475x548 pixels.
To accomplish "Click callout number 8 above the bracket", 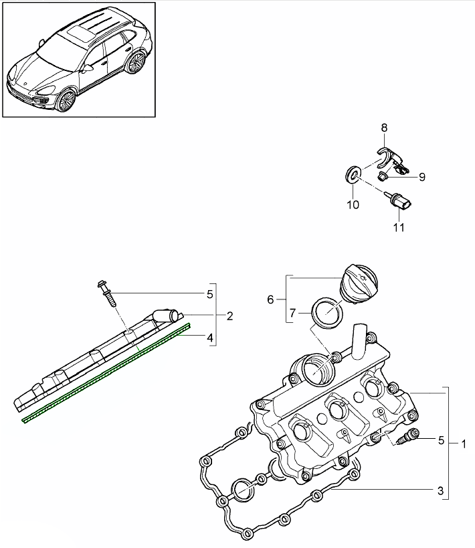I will [384, 127].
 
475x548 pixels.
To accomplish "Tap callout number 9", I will [422, 177].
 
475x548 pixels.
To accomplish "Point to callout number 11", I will [399, 228].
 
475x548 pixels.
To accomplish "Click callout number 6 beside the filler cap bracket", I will [271, 299].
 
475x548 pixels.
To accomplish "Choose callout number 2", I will [229, 316].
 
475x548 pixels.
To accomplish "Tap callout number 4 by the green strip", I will [210, 338].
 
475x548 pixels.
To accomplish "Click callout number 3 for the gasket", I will [441, 491].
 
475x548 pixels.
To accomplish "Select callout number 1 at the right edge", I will [464, 443].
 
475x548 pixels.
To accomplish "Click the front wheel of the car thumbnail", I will [66, 101].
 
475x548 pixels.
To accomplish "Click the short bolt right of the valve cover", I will [407, 439].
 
